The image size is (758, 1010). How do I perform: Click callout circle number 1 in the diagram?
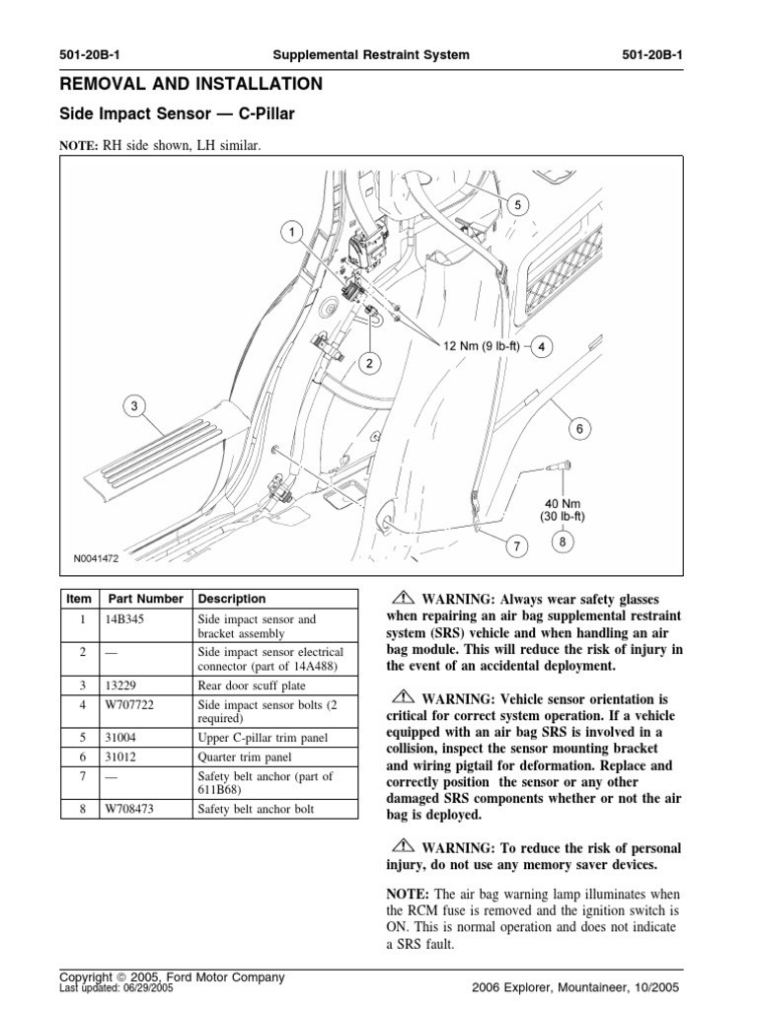coord(292,233)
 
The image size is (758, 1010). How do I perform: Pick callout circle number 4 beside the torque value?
coord(544,346)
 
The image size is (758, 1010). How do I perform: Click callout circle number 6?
coord(579,428)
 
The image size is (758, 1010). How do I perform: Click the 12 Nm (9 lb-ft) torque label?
coord(482,346)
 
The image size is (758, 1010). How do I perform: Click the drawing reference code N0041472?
coord(96,558)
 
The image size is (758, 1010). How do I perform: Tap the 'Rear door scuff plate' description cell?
coord(251,685)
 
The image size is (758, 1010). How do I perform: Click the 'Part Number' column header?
coord(146,599)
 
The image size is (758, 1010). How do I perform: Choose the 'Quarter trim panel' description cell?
coord(242,757)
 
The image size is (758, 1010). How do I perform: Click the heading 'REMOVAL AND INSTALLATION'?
coord(190,84)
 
